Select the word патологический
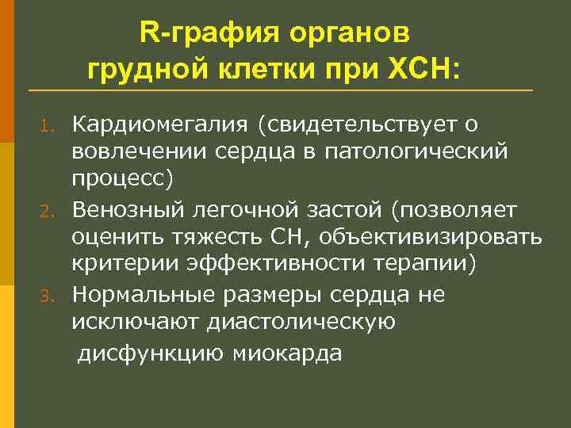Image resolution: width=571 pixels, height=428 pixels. click(416, 152)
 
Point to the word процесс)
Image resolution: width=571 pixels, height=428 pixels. click(121, 180)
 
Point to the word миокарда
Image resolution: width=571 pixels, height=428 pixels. click(288, 353)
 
